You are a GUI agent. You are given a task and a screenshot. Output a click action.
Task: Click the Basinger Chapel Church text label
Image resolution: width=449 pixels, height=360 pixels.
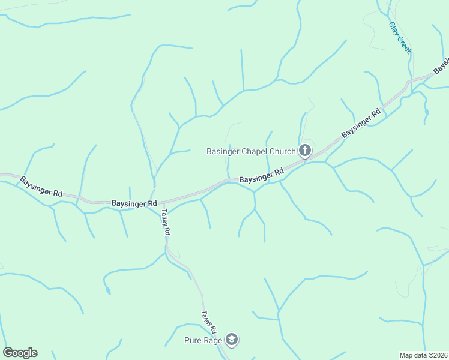[251, 151]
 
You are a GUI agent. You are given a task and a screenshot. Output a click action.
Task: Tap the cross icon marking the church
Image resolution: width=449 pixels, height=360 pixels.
[305, 151]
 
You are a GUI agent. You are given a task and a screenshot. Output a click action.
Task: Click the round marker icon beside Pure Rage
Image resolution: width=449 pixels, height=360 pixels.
[231, 340]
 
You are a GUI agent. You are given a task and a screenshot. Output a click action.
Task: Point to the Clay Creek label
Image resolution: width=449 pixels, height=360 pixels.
[400, 38]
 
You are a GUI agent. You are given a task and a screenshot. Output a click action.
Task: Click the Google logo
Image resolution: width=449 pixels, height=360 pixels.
[20, 353]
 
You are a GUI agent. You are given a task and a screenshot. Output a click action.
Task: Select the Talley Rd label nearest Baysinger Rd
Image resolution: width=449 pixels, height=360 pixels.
[165, 223]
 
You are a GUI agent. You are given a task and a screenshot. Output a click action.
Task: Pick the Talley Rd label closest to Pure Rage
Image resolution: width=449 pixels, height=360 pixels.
[209, 322]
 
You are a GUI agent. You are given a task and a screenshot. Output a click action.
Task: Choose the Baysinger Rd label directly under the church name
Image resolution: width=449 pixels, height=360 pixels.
[261, 176]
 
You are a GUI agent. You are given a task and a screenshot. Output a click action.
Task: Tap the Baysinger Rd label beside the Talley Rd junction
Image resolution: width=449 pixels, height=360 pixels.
[134, 204]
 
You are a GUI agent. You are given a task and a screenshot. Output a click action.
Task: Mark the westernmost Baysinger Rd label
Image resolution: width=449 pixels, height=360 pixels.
[41, 187]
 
